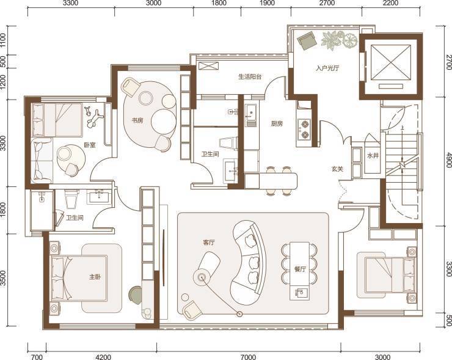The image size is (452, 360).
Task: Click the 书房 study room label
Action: click(x=137, y=120)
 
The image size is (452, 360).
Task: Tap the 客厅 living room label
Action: click(x=209, y=243)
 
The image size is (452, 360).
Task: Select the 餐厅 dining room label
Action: click(x=300, y=269)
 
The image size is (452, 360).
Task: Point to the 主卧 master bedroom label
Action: click(x=95, y=277)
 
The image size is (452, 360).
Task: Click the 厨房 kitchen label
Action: click(x=277, y=123)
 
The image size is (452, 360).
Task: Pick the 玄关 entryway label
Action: click(x=337, y=169)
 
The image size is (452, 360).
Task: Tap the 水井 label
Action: click(x=373, y=156)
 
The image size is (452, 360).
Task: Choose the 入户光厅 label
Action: click(x=327, y=68)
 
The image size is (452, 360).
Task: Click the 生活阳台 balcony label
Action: click(x=250, y=77)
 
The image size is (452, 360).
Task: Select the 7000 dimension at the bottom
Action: click(x=248, y=357)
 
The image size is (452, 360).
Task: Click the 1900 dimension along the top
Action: click(x=267, y=3)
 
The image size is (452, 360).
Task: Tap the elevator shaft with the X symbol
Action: click(x=390, y=62)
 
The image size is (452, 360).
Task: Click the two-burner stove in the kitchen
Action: click(x=304, y=129)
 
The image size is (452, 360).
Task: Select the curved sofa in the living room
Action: click(x=249, y=262)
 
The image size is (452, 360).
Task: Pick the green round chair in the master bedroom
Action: click(x=136, y=295)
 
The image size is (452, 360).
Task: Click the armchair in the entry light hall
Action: click(x=307, y=41)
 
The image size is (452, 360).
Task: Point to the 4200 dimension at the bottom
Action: click(x=103, y=357)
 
